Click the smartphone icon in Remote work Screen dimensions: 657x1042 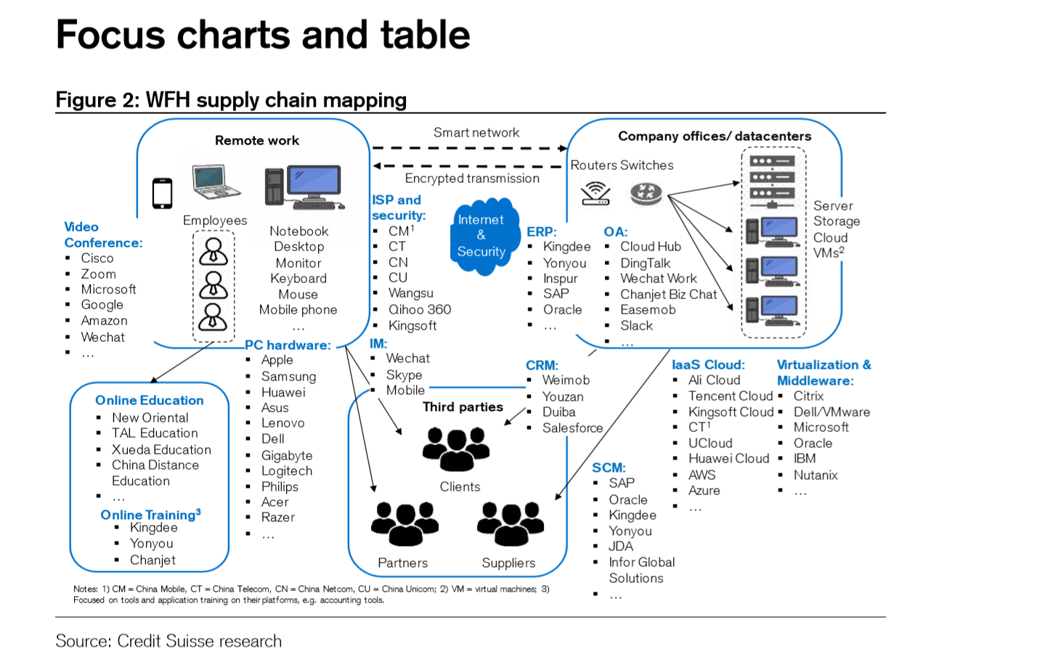coord(162,193)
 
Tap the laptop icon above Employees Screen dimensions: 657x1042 coord(216,181)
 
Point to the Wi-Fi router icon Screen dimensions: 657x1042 coord(595,193)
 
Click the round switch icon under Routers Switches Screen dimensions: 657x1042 coord(646,193)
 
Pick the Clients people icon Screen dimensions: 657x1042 coord(456,448)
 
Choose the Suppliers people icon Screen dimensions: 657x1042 coord(510,523)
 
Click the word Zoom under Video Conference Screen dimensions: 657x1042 coord(99,274)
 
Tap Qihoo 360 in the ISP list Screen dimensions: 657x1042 coord(420,309)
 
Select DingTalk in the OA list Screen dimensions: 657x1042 coord(645,263)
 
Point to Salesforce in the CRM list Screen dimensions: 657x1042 coord(572,428)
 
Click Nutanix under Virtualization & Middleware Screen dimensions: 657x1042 coord(815,475)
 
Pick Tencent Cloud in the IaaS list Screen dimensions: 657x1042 coord(730,396)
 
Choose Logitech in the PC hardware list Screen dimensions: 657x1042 coord(287,470)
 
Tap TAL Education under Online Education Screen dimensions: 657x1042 coord(155,433)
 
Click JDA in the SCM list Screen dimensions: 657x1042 coord(621,546)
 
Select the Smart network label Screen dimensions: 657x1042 coord(476,132)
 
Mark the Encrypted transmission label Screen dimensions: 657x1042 coord(472,178)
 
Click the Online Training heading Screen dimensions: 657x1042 coord(150,515)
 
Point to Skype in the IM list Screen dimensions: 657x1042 coord(404,375)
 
